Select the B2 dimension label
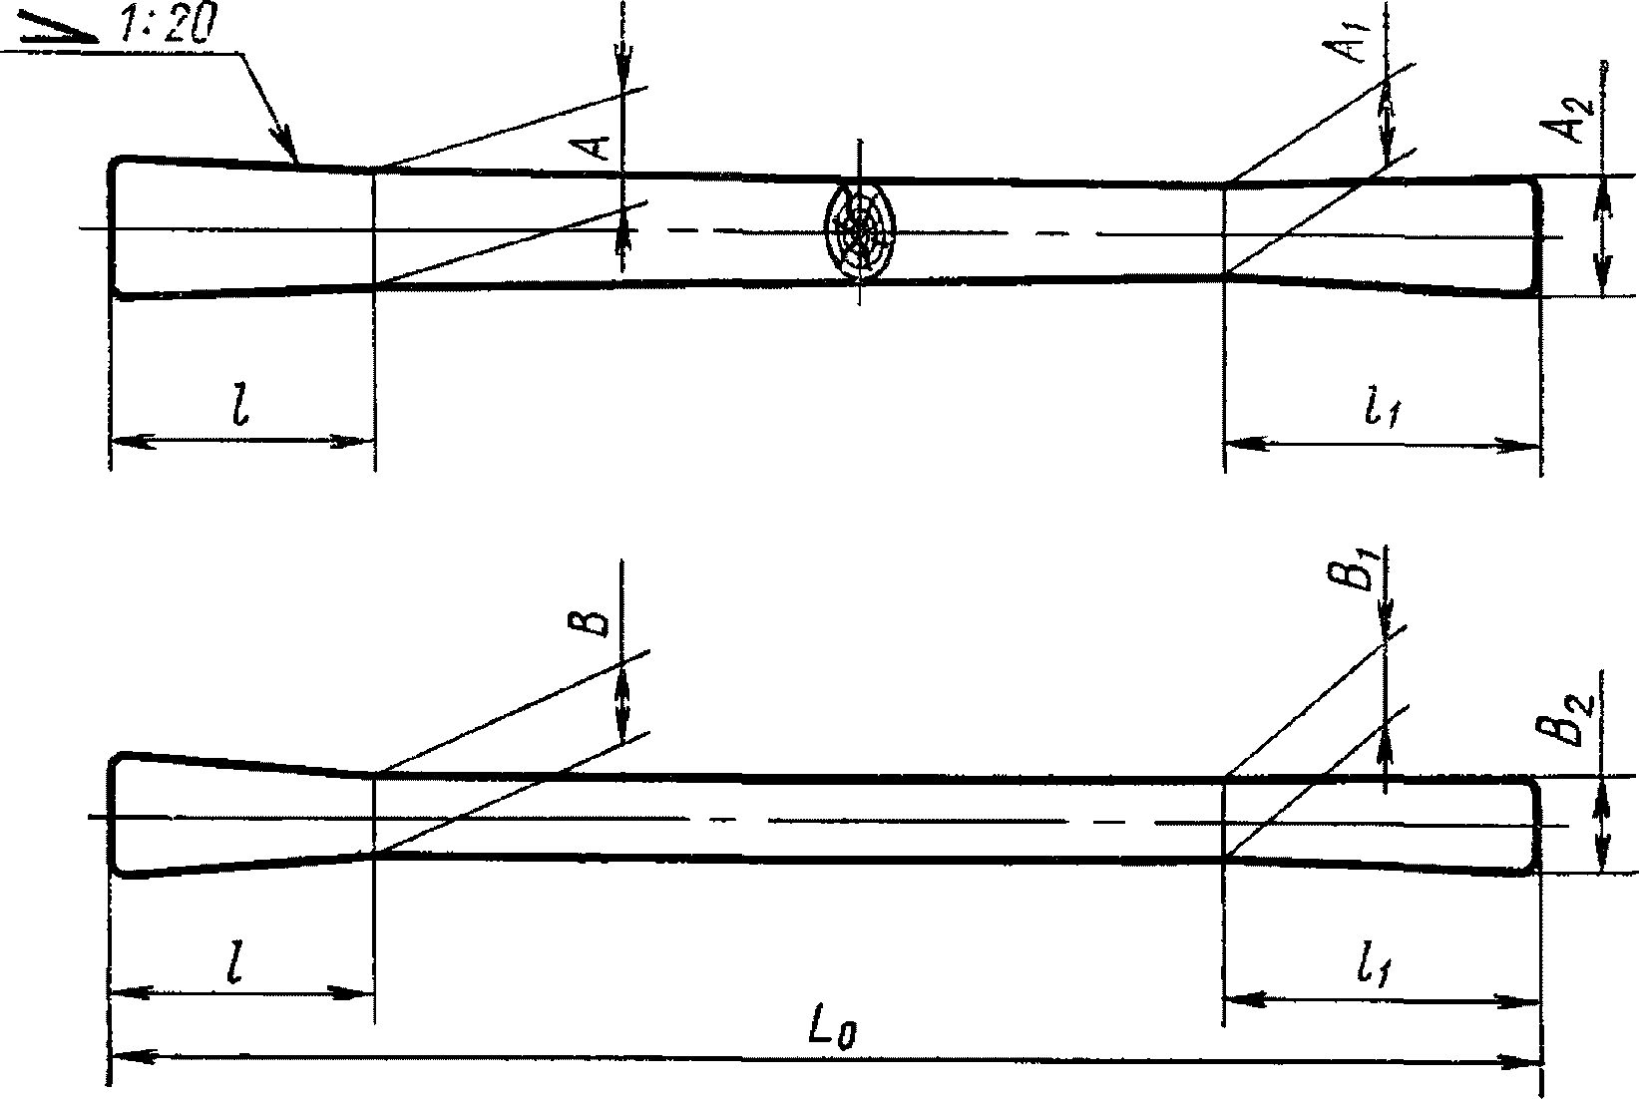1574,719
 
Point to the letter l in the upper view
238,410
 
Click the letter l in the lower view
239,963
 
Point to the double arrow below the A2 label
1602,235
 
